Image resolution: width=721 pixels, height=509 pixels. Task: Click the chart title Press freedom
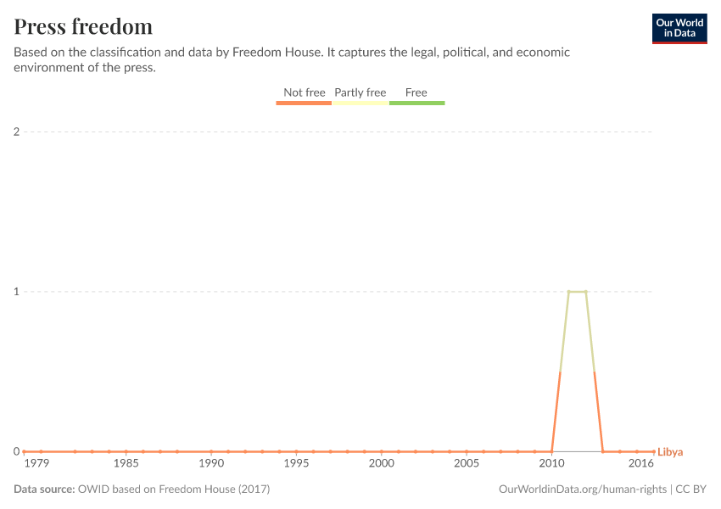tap(83, 26)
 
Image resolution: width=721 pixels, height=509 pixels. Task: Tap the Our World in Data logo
tap(679, 28)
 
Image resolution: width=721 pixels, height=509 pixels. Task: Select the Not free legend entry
tap(304, 92)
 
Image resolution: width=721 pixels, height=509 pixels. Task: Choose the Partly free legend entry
tap(360, 92)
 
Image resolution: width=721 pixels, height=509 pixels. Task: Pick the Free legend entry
tap(416, 92)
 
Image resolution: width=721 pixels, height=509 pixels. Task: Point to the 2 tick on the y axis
tap(16, 131)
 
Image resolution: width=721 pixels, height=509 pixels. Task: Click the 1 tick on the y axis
tap(16, 292)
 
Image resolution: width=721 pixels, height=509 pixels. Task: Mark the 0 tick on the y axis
tap(16, 451)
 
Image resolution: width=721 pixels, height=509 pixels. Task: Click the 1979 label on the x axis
tap(36, 464)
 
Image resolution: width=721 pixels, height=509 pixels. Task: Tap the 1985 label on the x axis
tap(126, 464)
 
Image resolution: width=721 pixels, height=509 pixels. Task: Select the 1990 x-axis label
tap(211, 464)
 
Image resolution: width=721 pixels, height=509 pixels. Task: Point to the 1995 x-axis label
tap(296, 464)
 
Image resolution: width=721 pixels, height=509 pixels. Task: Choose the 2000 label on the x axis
tap(382, 464)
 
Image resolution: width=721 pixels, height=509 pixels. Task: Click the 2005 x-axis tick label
tap(467, 464)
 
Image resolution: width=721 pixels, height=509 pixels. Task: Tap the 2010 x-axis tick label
tap(551, 464)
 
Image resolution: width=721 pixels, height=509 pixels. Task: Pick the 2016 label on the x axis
tap(641, 464)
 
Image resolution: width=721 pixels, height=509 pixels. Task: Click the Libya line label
tap(670, 452)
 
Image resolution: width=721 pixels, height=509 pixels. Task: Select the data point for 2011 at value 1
tap(568, 292)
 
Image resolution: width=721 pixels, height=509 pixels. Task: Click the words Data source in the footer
tap(44, 489)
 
